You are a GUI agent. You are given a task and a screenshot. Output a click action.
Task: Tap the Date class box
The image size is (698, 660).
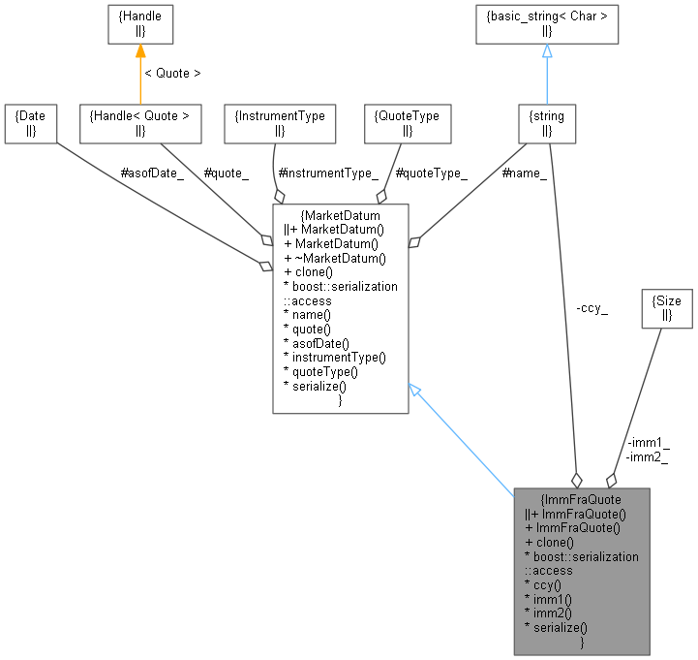[x=29, y=123]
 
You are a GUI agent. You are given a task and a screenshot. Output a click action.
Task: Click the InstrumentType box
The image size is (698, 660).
[x=280, y=123]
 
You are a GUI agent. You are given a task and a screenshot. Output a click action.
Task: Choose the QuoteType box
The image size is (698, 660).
[x=407, y=123]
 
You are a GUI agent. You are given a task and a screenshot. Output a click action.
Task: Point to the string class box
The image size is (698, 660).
[x=547, y=123]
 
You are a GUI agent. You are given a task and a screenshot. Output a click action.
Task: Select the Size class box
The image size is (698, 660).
[x=667, y=308]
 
